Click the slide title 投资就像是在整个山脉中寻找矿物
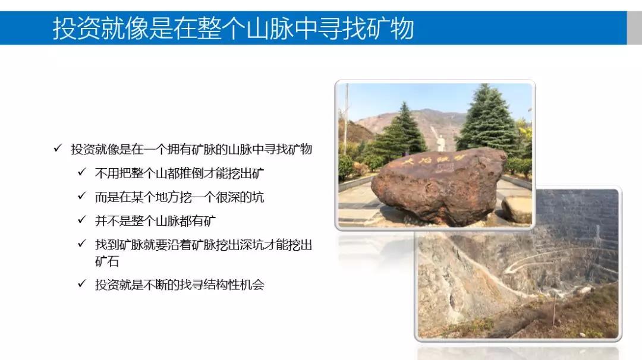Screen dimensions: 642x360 233,29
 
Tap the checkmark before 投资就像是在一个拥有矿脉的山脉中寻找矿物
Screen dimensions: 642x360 58,148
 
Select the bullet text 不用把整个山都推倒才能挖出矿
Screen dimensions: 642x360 180,173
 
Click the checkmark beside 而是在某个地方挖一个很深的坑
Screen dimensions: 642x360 82,196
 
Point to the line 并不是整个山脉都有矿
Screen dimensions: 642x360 155,221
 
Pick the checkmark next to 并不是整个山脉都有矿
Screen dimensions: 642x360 82,220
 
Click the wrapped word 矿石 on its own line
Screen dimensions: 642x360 107,261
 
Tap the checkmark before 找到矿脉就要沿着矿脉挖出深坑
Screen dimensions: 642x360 82,244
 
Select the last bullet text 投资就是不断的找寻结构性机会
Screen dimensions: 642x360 180,285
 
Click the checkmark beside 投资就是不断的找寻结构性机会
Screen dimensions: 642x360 82,283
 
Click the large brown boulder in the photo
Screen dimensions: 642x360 438,186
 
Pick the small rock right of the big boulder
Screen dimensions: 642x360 517,210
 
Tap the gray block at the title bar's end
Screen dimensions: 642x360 634,28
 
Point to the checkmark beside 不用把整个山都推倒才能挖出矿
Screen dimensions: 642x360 82,172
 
